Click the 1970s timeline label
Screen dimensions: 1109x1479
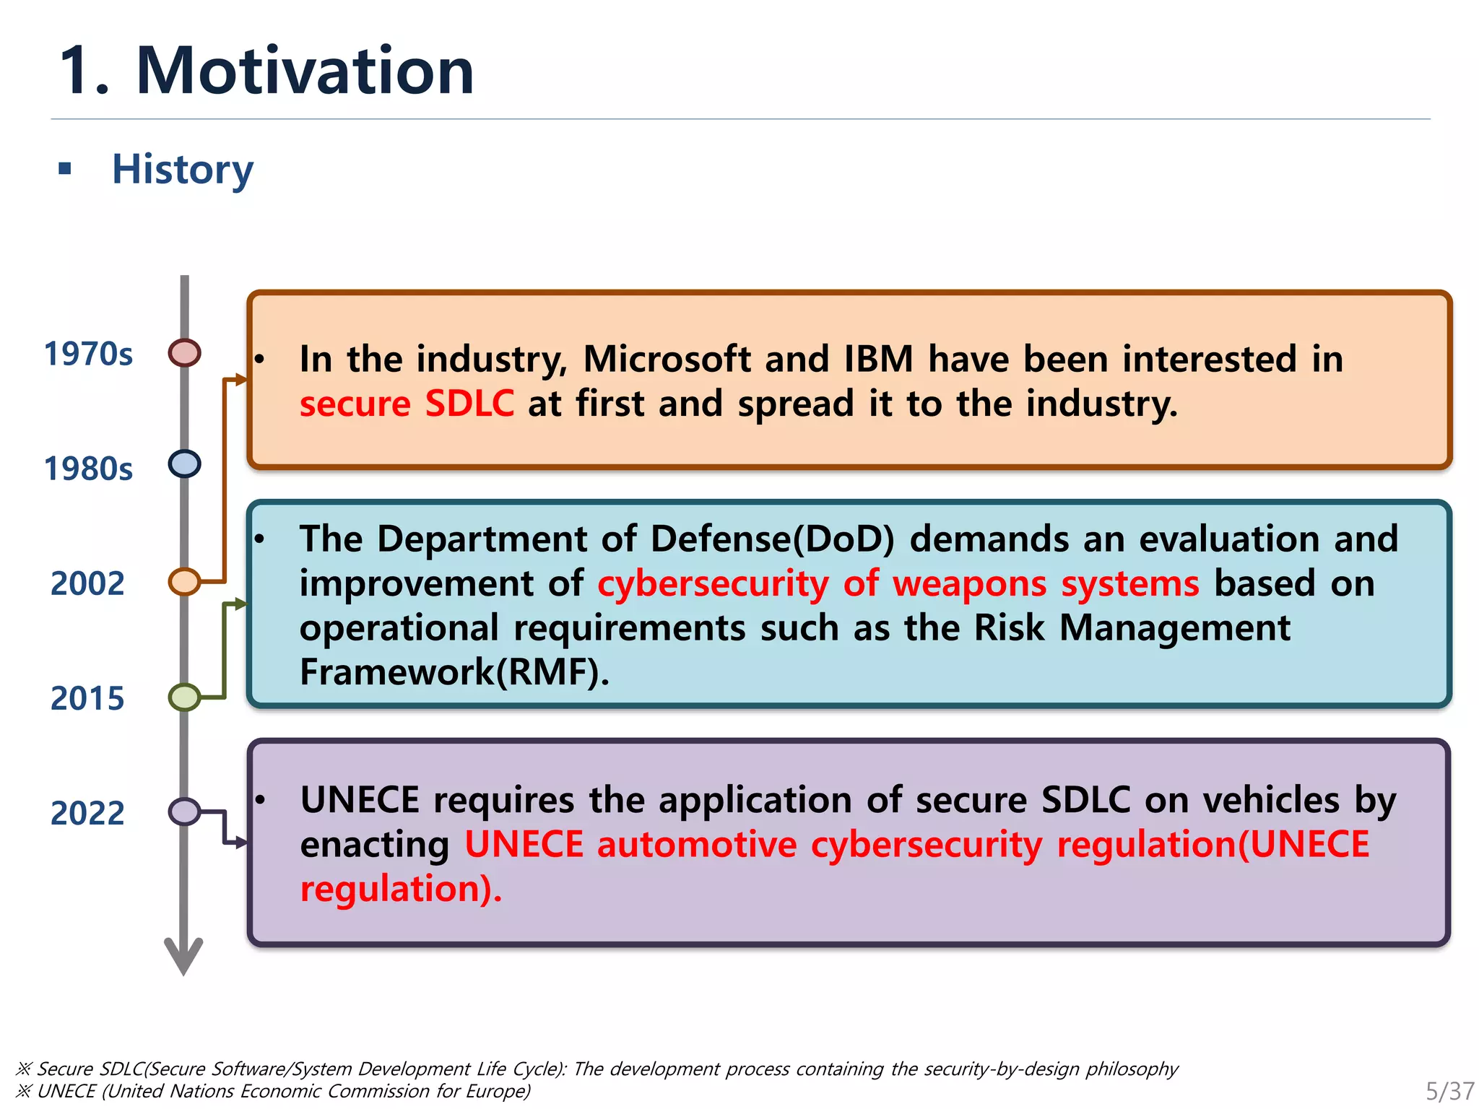[88, 354]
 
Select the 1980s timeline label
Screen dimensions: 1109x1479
[88, 469]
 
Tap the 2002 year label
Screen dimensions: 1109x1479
[87, 583]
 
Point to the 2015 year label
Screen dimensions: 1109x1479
[87, 698]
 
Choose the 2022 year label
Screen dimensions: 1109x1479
[87, 813]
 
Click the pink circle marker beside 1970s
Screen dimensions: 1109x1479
[184, 353]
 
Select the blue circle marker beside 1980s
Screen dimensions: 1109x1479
[184, 464]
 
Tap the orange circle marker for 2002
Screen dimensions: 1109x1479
[184, 581]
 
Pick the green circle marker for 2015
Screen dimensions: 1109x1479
[184, 697]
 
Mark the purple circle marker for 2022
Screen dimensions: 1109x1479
[184, 812]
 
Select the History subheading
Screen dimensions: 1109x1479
[182, 170]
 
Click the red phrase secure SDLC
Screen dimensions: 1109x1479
[407, 403]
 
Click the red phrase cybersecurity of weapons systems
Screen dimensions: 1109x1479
[898, 583]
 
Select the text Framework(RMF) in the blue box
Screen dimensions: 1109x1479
[454, 672]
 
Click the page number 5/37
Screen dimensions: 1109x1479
[1449, 1090]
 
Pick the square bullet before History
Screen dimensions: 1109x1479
[65, 170]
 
